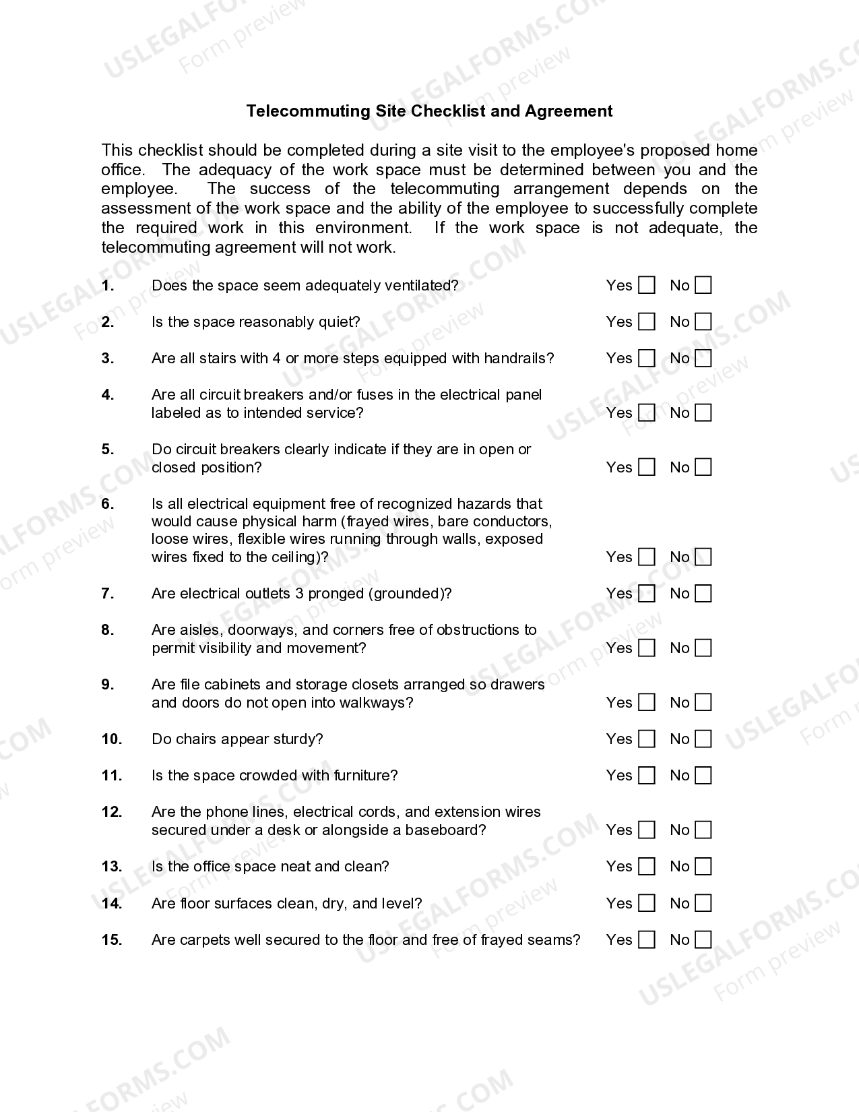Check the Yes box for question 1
click(x=646, y=286)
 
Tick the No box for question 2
click(x=703, y=322)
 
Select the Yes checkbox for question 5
click(x=646, y=468)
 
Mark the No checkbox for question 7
click(x=703, y=594)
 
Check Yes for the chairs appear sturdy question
click(x=646, y=739)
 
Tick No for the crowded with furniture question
click(x=703, y=776)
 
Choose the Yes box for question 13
click(x=646, y=867)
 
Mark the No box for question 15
click(x=703, y=940)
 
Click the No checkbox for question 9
click(x=703, y=703)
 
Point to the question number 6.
click(x=108, y=504)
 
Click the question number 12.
click(x=112, y=812)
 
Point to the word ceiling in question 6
click(x=298, y=557)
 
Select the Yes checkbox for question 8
click(x=646, y=648)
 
